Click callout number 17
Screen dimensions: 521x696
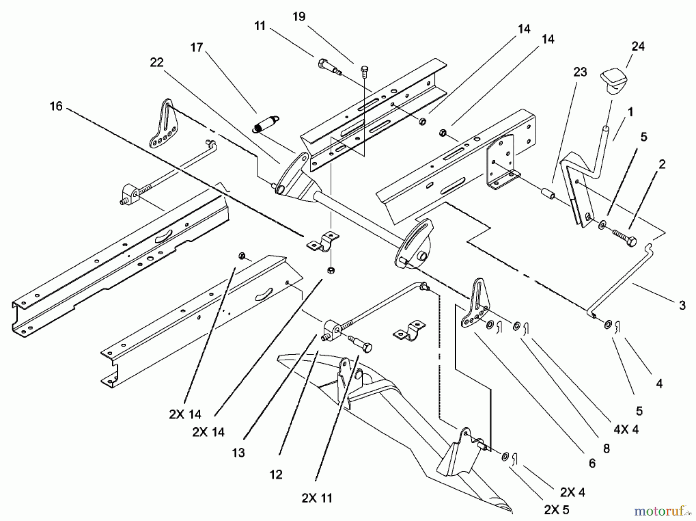pos(196,48)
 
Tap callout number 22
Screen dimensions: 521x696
pos(157,62)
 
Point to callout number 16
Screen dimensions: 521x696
pos(56,106)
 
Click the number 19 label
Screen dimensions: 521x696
pos(299,17)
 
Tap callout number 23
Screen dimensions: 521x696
pos(580,72)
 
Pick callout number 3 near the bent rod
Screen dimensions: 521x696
pos(682,305)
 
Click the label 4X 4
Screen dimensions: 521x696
pos(626,429)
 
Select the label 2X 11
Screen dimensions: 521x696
pos(317,498)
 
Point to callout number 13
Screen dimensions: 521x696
pos(239,452)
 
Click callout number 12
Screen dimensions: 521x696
pos(276,475)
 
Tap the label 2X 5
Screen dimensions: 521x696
pos(557,510)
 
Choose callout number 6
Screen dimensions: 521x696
pos(592,463)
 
